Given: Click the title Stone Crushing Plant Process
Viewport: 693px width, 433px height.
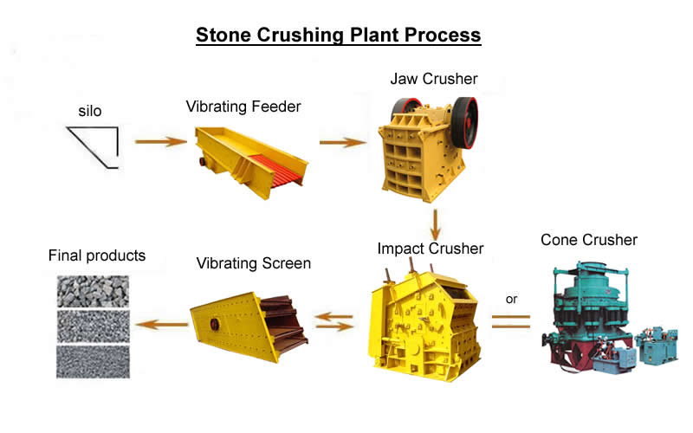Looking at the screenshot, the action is [x=339, y=35].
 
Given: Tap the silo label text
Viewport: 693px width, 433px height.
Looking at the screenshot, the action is [x=90, y=111].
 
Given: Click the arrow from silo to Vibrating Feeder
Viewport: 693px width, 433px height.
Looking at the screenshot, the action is [x=161, y=141].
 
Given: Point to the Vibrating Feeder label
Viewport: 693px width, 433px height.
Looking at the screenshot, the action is [x=243, y=107].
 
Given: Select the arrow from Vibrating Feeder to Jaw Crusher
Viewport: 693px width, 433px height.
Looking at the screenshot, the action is [x=343, y=142].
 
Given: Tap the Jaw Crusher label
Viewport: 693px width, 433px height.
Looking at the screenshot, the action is [x=434, y=79].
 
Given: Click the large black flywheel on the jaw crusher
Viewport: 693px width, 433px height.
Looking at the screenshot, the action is [x=464, y=123].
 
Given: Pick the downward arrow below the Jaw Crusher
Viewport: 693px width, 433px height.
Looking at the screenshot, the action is [x=436, y=224].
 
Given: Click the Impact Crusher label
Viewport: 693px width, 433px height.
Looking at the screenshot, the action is [x=431, y=249].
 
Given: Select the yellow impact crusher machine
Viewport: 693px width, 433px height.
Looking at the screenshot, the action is [x=424, y=322].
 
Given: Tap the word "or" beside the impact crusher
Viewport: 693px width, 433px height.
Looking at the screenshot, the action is [x=511, y=299].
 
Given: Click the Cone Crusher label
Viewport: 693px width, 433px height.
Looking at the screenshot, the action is [x=589, y=240].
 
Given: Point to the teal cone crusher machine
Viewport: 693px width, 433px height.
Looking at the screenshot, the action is [x=609, y=318].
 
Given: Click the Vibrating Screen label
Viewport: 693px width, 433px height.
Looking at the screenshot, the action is [x=253, y=263].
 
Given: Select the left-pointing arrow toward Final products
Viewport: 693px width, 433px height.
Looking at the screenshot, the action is [x=162, y=325].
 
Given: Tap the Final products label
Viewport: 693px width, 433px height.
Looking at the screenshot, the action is [x=97, y=255].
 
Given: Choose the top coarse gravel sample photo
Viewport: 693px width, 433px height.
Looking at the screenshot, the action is [x=93, y=292].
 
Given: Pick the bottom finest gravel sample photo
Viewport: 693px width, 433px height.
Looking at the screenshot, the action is [x=93, y=362].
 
